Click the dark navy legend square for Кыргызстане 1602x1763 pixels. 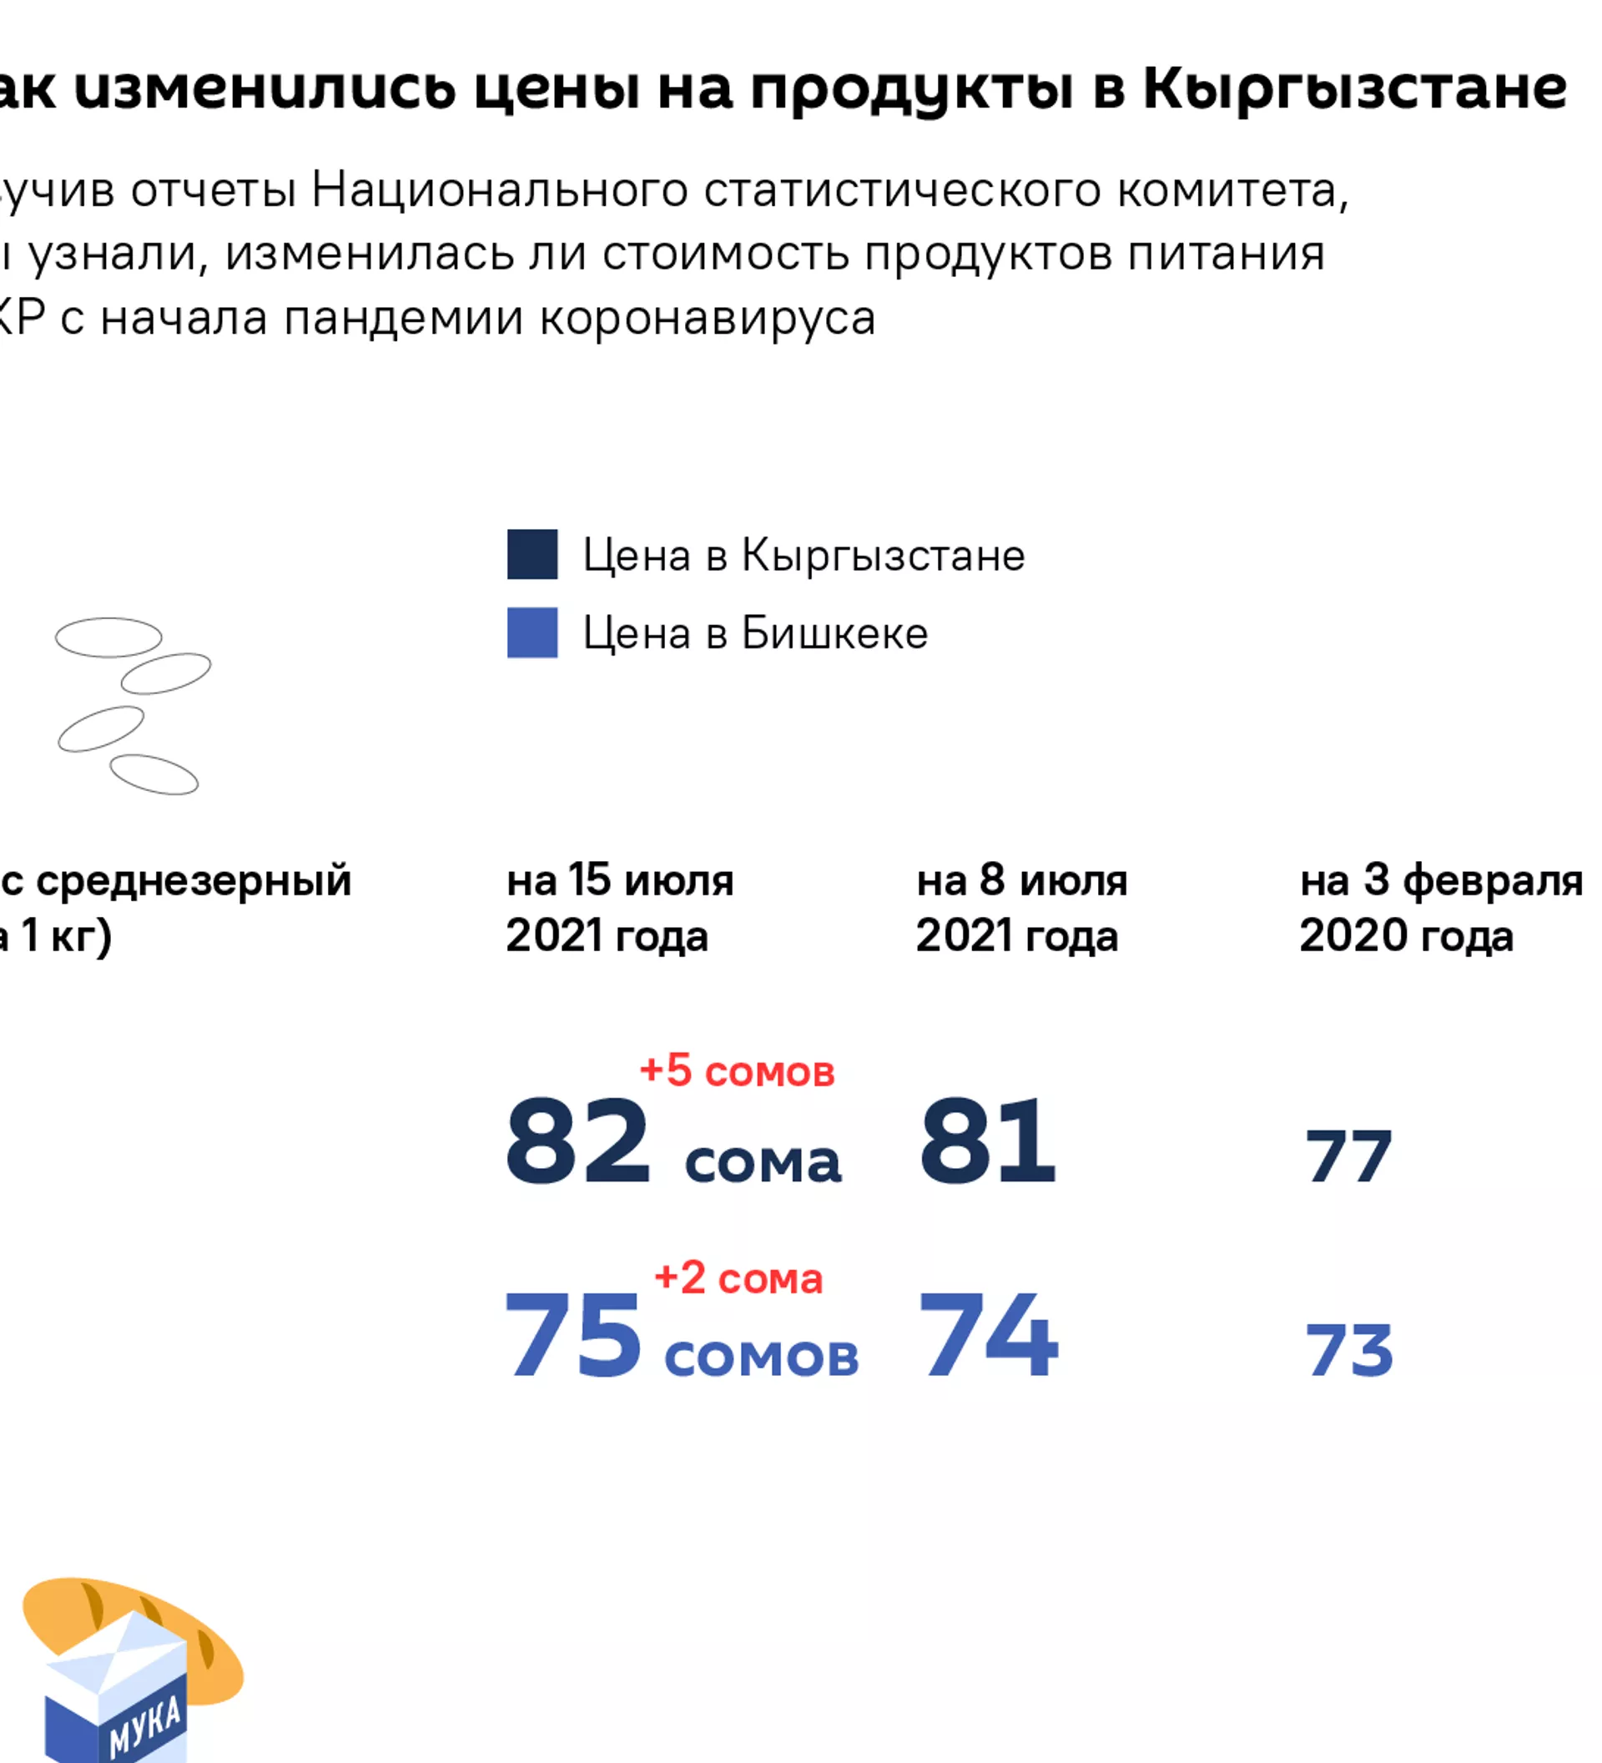pos(531,555)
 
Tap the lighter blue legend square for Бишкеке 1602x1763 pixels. pos(531,632)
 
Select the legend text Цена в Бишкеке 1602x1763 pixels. pos(754,633)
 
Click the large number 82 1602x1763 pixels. pos(577,1142)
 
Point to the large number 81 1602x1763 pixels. pos(987,1142)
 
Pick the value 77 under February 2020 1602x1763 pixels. pos(1348,1157)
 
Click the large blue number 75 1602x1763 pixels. pos(574,1335)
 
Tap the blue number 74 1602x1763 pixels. pos(988,1335)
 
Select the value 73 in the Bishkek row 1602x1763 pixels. pos(1348,1350)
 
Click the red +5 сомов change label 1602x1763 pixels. pos(737,1071)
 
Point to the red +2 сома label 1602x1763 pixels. pos(738,1278)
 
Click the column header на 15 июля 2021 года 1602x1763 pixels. pos(619,908)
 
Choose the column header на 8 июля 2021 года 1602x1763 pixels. pos(1021,908)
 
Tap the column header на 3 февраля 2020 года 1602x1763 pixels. pos(1440,908)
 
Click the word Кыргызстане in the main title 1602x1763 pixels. pos(1354,89)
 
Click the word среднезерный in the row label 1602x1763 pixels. pos(194,880)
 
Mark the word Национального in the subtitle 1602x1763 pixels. pos(499,189)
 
